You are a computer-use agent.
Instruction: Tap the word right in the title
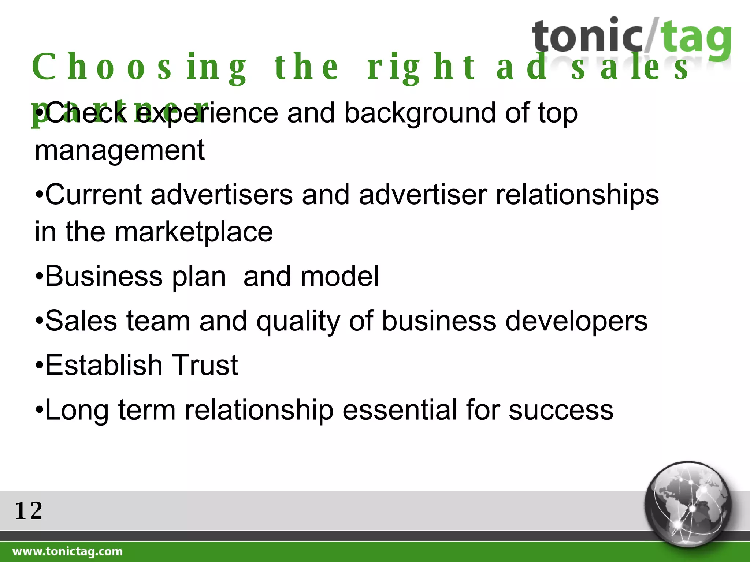pyautogui.click(x=421, y=68)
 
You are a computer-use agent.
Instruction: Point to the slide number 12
pyautogui.click(x=29, y=511)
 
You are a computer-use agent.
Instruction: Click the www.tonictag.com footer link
pyautogui.click(x=68, y=551)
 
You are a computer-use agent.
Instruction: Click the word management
pyautogui.click(x=119, y=150)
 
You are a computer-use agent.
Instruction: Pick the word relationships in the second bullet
pyautogui.click(x=577, y=195)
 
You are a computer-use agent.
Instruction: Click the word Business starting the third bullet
pyautogui.click(x=104, y=276)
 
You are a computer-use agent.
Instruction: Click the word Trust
pyautogui.click(x=205, y=365)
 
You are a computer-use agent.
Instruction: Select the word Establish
pyautogui.click(x=104, y=365)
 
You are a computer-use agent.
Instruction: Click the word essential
pyautogui.click(x=400, y=410)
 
